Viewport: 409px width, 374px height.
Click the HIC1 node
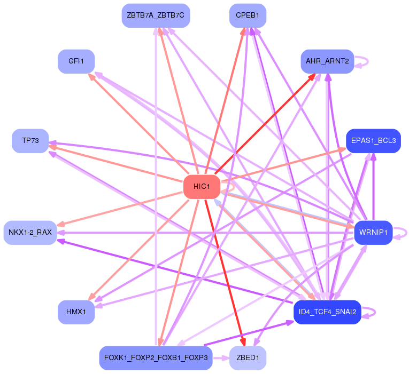[202, 187]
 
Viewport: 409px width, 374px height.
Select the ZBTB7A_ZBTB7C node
[156, 15]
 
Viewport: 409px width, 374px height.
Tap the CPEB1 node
[248, 15]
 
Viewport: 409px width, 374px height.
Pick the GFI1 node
[76, 61]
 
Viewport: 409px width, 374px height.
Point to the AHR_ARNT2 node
[327, 61]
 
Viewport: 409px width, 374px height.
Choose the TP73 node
[30, 141]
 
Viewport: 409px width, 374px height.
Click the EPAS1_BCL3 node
[374, 141]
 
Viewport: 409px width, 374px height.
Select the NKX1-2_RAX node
[30, 233]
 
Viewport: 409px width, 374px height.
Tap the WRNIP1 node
[373, 233]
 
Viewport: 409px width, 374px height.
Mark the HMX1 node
[76, 312]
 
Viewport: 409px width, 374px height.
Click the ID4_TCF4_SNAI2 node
[327, 312]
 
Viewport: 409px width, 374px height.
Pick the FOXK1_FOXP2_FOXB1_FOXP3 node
[156, 358]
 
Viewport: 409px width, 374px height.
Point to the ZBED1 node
[248, 358]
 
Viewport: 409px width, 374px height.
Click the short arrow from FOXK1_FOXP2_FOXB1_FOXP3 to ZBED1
[221, 358]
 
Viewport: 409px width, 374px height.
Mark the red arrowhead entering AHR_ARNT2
[312, 77]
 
